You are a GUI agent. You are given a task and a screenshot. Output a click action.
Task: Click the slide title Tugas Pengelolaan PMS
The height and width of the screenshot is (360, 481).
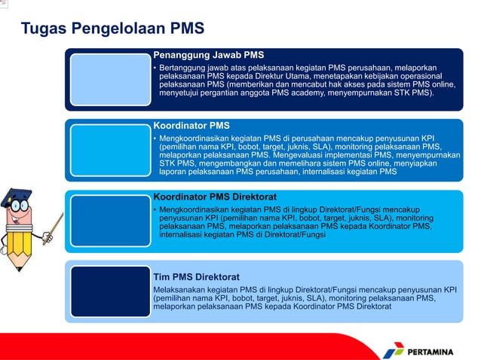tap(112, 29)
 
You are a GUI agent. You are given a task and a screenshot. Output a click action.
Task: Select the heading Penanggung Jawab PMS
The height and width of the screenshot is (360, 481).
tap(208, 55)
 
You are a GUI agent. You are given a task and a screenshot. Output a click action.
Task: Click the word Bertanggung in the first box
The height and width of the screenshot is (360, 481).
tap(183, 68)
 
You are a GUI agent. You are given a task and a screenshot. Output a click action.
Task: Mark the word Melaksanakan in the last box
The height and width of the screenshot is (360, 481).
tap(179, 289)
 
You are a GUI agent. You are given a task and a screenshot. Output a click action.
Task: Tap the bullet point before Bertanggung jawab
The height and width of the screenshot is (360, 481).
tap(155, 69)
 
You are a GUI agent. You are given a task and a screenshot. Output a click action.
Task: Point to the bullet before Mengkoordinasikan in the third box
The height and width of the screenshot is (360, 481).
tap(155, 209)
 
